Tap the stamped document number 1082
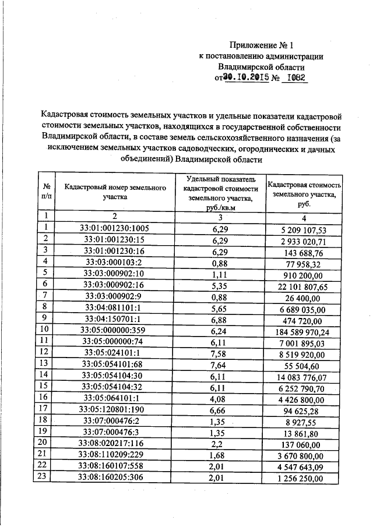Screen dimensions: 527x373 tap(294, 78)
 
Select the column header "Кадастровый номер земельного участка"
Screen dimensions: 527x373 tap(111, 192)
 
